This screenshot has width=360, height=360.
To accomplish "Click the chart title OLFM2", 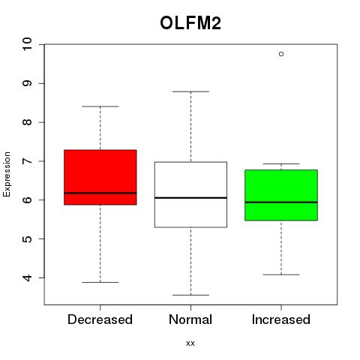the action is tap(190, 23).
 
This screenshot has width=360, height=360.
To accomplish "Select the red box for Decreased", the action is tap(100, 177).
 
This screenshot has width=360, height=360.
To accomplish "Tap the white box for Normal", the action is tap(190, 194).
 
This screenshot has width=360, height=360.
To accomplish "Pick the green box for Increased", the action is tap(281, 195).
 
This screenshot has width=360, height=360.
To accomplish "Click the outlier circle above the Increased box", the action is tap(281, 54).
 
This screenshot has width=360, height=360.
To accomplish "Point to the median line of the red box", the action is tap(100, 193).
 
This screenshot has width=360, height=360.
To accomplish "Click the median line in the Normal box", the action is tap(190, 198).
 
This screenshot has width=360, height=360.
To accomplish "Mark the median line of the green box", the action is tap(281, 202).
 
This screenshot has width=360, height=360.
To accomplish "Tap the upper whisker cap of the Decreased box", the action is tap(100, 106).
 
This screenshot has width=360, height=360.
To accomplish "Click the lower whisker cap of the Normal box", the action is tap(190, 295).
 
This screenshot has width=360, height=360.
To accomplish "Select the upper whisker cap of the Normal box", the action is tap(190, 91).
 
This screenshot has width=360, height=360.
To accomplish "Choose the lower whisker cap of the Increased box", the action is tap(281, 274).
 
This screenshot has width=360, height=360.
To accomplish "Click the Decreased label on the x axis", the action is tap(100, 319).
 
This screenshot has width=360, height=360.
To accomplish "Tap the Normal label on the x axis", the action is tap(190, 319).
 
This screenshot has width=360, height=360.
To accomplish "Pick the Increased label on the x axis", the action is tap(281, 319).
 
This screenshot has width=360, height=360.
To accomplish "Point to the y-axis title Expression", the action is tap(7, 174).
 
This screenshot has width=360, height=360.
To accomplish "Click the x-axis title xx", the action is tap(190, 343).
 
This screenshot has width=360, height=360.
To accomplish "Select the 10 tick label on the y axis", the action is tap(27, 44).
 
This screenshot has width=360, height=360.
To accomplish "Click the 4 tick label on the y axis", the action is tap(27, 277).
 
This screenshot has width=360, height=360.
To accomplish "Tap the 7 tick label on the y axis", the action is tap(27, 161).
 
